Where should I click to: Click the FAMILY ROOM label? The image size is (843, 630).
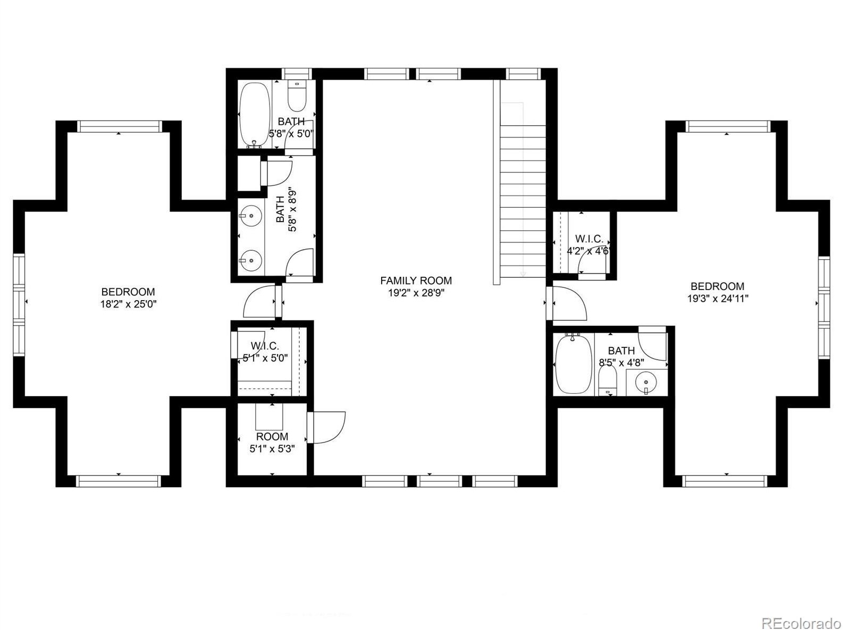(x=416, y=280)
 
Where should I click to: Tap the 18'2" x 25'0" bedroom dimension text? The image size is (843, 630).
(x=128, y=304)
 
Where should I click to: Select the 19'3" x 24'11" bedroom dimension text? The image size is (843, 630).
(x=718, y=299)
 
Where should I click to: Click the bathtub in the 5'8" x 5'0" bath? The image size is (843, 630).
(x=255, y=114)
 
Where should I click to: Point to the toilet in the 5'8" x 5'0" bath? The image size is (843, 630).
(x=296, y=96)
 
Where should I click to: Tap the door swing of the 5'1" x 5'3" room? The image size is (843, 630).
(x=327, y=427)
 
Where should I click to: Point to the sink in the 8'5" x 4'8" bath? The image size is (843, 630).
(x=646, y=381)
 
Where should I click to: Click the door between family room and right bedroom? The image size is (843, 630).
(x=568, y=303)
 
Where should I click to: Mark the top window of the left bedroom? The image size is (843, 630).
(x=119, y=126)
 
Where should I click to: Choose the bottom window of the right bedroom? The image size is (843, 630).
(x=727, y=481)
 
